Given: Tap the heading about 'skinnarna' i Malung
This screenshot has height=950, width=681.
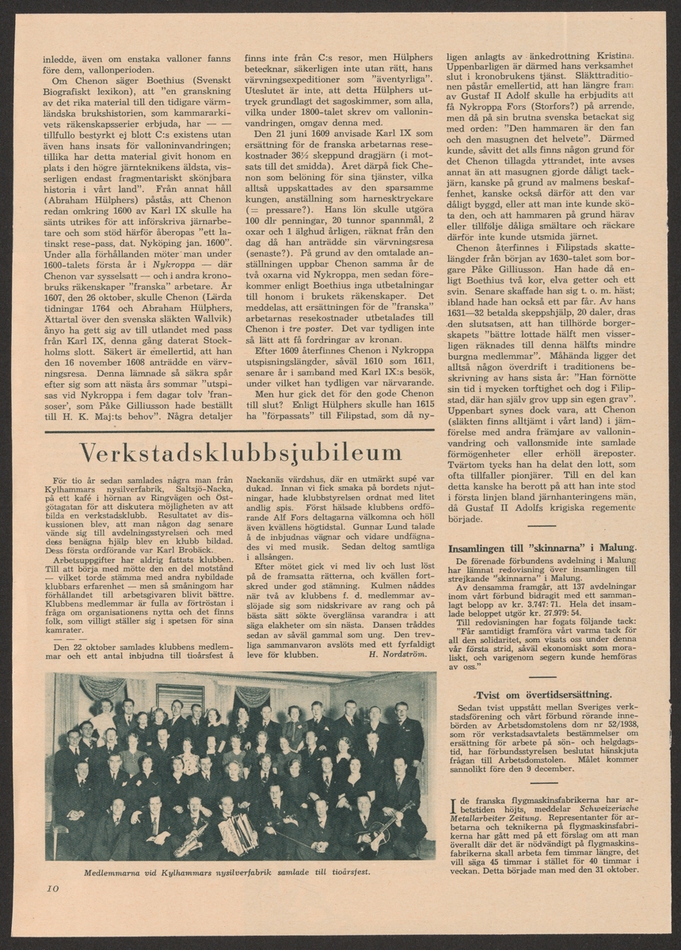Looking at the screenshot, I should pyautogui.click(x=542, y=547).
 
